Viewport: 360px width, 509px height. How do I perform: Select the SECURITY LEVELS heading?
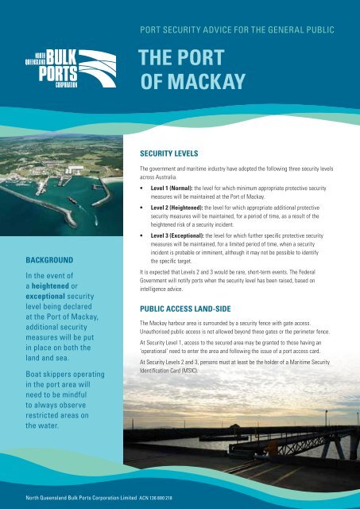pyautogui.click(x=174, y=151)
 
